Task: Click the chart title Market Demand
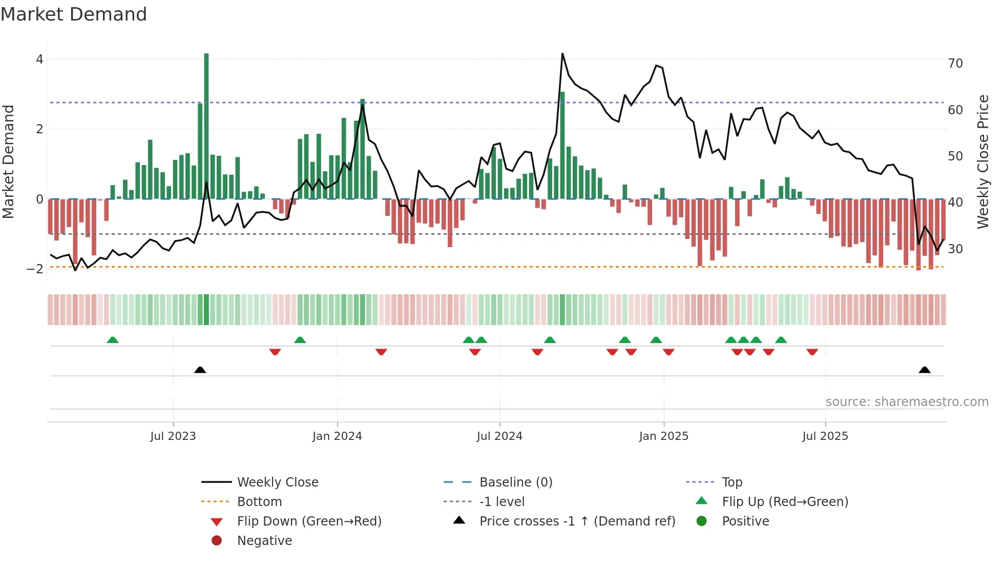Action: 74,14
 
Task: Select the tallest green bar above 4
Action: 206,126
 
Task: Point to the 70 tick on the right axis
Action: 955,64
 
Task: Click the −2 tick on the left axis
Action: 35,269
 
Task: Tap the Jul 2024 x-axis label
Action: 499,436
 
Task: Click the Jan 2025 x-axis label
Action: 663,436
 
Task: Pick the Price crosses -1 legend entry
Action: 577,521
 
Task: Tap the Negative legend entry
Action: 264,541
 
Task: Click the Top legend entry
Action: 732,482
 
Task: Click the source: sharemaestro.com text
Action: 907,402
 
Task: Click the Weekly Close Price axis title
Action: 982,162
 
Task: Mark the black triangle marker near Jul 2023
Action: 200,370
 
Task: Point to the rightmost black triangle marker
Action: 925,370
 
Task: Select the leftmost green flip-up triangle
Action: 113,340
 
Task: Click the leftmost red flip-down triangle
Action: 275,352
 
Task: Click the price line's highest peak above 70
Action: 562,54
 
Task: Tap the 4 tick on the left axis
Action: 39,59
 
